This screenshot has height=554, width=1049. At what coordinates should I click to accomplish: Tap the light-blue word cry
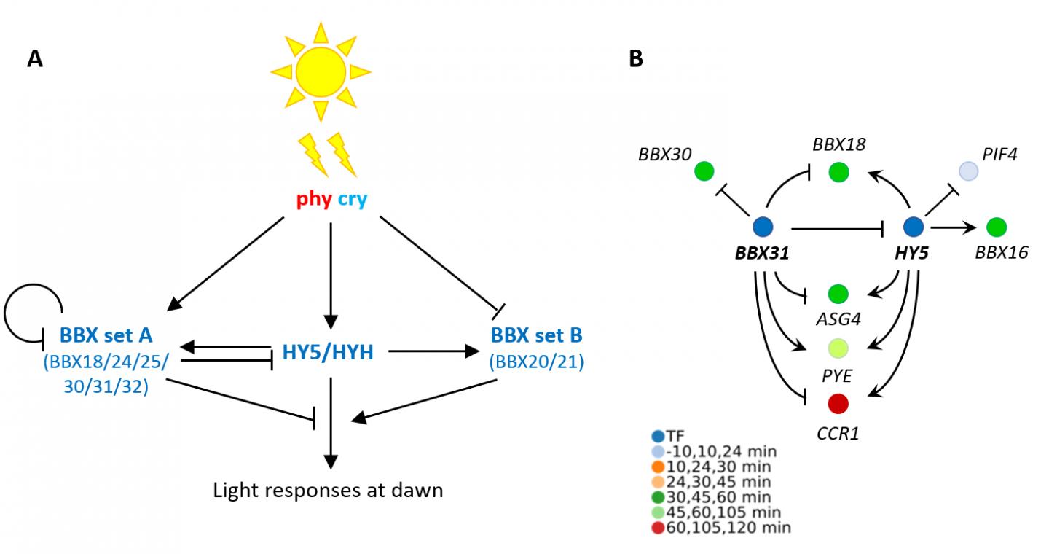pos(352,199)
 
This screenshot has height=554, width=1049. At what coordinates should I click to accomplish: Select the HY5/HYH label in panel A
pos(328,353)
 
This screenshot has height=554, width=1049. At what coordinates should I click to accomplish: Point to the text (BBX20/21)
pos(537,362)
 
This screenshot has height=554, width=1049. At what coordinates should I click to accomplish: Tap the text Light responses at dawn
pos(328,489)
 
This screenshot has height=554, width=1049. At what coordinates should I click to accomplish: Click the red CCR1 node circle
pos(838,402)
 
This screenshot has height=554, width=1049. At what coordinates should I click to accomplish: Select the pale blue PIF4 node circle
pos(967,171)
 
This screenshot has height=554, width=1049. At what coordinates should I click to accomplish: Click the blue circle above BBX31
pos(763,227)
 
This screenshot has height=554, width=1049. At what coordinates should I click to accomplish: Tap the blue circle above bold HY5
pos(913,227)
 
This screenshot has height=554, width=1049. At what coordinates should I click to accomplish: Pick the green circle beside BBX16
pos(996,227)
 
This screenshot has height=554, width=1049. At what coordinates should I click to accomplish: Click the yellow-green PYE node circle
pos(838,348)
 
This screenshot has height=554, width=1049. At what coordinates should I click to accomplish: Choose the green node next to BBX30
pos(704,171)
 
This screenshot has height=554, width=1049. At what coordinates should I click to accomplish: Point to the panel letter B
pos(635,60)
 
